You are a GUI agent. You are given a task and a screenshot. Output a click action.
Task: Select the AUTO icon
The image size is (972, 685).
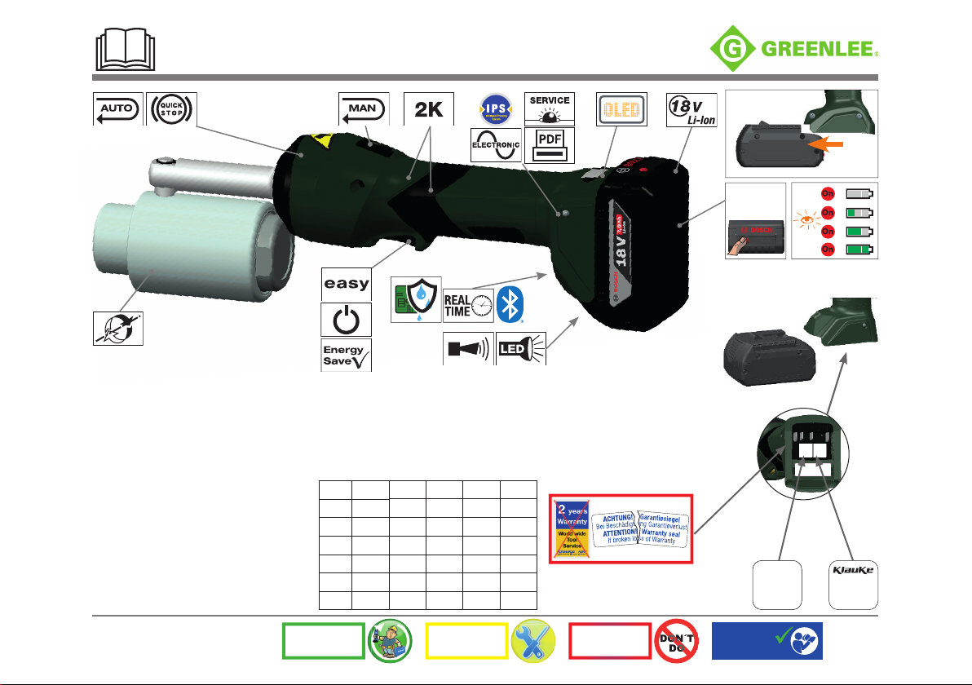tap(117, 108)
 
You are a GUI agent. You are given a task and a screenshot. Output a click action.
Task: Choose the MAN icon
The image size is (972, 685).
tap(364, 108)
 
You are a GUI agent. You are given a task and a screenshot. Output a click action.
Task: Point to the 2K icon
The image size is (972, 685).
tap(429, 108)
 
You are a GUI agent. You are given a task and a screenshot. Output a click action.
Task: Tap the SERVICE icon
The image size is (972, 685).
tap(549, 108)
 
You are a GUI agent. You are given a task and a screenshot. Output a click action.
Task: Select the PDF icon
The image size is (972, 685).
tap(549, 143)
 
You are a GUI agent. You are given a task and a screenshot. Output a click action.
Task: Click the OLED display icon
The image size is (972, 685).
tap(622, 108)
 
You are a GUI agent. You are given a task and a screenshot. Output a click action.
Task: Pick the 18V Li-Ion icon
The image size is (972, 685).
tap(691, 108)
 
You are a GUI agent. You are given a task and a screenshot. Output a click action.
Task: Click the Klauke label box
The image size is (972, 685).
tap(853, 583)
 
